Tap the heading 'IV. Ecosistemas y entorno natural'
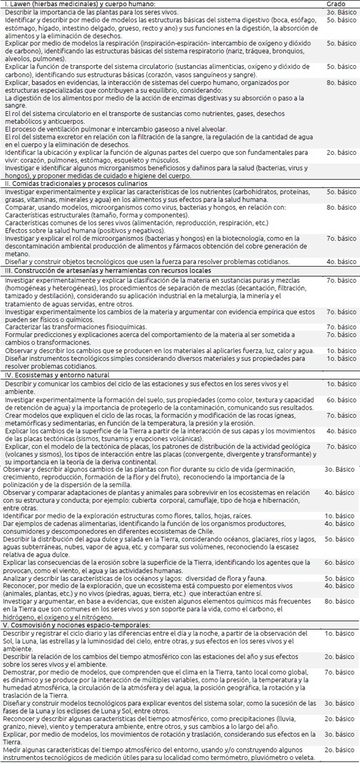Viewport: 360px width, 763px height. coord(57,375)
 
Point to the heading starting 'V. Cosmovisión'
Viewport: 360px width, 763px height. coord(76,625)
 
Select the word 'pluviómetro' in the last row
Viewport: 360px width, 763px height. coord(262,758)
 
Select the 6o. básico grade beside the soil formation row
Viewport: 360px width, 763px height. coord(341,400)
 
